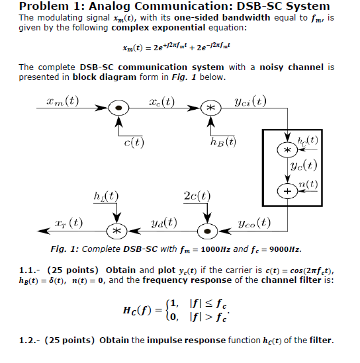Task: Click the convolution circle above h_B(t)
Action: tap(210, 107)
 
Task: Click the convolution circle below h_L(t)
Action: tap(116, 231)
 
